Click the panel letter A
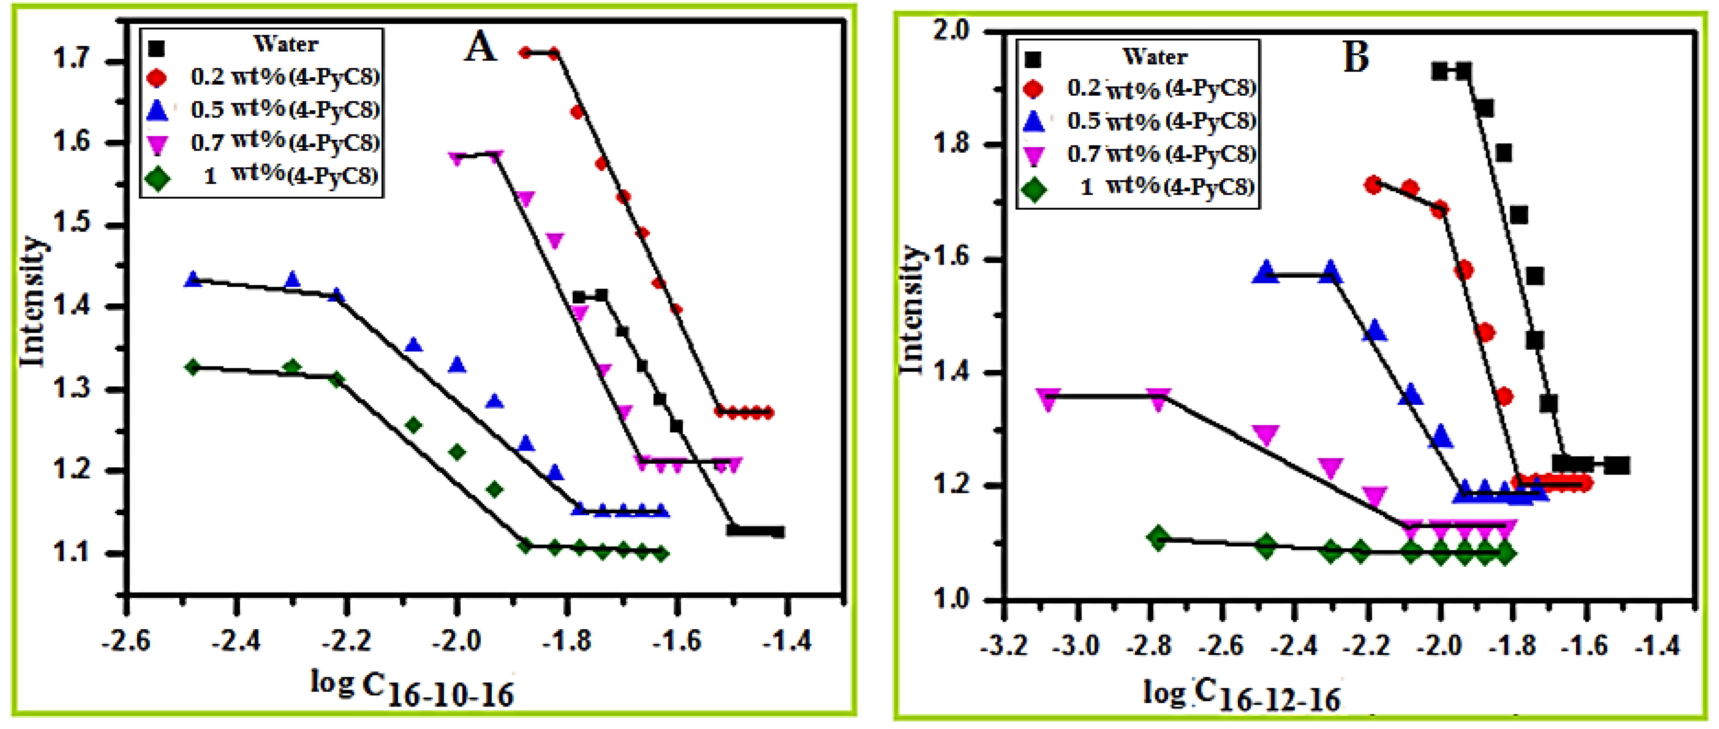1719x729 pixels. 481,48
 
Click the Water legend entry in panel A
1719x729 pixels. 286,45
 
